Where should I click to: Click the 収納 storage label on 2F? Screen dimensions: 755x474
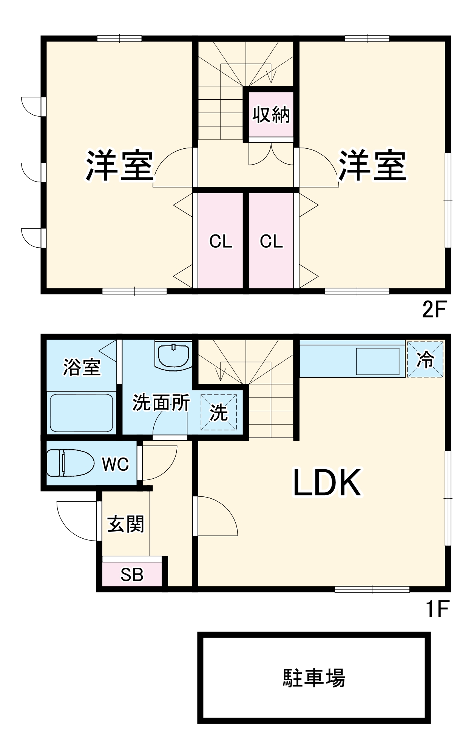pyautogui.click(x=271, y=114)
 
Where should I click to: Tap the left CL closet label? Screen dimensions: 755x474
pyautogui.click(x=221, y=242)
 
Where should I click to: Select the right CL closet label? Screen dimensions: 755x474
pyautogui.click(x=271, y=242)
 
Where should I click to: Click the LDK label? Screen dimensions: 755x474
pyautogui.click(x=327, y=483)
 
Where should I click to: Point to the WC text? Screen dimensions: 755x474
pyautogui.click(x=115, y=464)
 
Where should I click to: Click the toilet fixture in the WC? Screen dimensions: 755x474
pyautogui.click(x=70, y=462)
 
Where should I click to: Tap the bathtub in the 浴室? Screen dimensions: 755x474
pyautogui.click(x=81, y=413)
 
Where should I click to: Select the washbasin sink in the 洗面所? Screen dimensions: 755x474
pyautogui.click(x=173, y=356)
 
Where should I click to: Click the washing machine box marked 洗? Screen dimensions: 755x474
pyautogui.click(x=219, y=412)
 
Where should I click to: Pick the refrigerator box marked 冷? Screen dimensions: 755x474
pyautogui.click(x=425, y=359)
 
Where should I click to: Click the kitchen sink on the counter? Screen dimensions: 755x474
pyautogui.click(x=378, y=361)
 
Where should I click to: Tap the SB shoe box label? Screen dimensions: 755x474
pyautogui.click(x=132, y=575)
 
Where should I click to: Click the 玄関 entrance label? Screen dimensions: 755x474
pyautogui.click(x=126, y=524)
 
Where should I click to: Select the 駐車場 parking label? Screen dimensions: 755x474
pyautogui.click(x=314, y=678)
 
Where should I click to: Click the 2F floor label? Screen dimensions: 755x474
pyautogui.click(x=434, y=310)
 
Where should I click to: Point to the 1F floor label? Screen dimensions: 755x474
pyautogui.click(x=437, y=609)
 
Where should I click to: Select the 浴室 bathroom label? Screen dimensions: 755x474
pyautogui.click(x=82, y=367)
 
